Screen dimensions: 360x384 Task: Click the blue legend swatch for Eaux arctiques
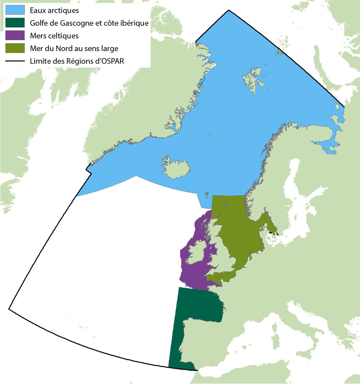point(15,10)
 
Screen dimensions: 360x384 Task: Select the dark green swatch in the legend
point(15,23)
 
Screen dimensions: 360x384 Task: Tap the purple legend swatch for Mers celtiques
point(15,35)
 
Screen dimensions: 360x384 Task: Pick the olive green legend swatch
point(15,48)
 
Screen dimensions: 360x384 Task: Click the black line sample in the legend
point(15,61)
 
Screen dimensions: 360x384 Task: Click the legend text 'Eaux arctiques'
point(54,10)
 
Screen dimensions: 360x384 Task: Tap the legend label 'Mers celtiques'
point(54,36)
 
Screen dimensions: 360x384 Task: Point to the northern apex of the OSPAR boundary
point(229,10)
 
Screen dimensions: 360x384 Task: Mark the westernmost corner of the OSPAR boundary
point(9,309)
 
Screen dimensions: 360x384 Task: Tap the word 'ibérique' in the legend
point(135,23)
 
